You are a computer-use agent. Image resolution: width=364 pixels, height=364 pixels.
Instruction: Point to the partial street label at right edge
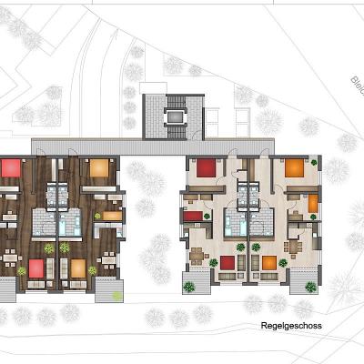click(356, 86)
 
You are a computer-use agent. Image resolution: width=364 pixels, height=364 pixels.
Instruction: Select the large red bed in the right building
click(207, 167)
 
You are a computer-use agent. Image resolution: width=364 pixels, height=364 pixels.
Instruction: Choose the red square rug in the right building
click(227, 262)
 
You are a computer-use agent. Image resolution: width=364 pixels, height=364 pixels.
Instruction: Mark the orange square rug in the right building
click(269, 262)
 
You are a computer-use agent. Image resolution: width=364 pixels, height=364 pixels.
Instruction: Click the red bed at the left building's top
click(10, 167)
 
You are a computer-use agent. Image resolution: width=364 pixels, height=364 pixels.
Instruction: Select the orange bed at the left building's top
click(98, 167)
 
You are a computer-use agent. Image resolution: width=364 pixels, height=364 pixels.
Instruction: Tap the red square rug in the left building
click(36, 267)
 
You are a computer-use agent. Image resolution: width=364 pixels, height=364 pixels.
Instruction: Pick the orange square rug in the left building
click(78, 267)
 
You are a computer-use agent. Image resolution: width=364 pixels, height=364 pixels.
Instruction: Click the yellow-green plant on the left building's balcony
click(116, 293)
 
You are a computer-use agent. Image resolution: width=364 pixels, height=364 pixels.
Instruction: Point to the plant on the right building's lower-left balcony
click(189, 286)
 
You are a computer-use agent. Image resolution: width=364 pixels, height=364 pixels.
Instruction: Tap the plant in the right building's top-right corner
click(315, 161)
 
